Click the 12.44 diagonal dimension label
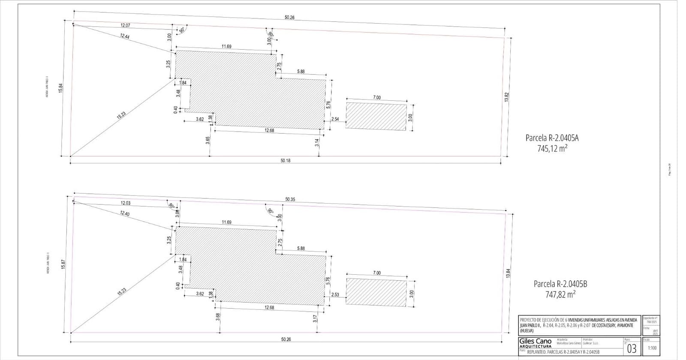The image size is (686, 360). click(124, 36)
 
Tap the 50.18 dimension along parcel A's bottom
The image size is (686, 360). click(286, 160)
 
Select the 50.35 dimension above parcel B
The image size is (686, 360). click(290, 199)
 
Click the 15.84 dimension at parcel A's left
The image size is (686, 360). click(61, 88)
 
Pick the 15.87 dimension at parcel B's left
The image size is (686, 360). click(63, 264)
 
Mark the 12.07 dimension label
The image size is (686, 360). click(125, 25)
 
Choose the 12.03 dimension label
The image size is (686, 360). click(125, 203)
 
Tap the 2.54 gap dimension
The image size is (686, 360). click(335, 119)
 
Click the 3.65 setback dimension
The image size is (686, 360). click(208, 140)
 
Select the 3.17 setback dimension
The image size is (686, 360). click(315, 318)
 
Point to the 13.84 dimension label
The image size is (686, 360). click(508, 273)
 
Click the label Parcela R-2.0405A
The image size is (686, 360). click(552, 138)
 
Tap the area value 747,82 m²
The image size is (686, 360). click(560, 294)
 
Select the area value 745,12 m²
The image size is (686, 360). click(553, 148)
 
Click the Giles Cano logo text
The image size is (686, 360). click(535, 342)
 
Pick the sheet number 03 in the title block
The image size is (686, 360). click(632, 348)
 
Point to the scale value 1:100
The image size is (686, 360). click(652, 348)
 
